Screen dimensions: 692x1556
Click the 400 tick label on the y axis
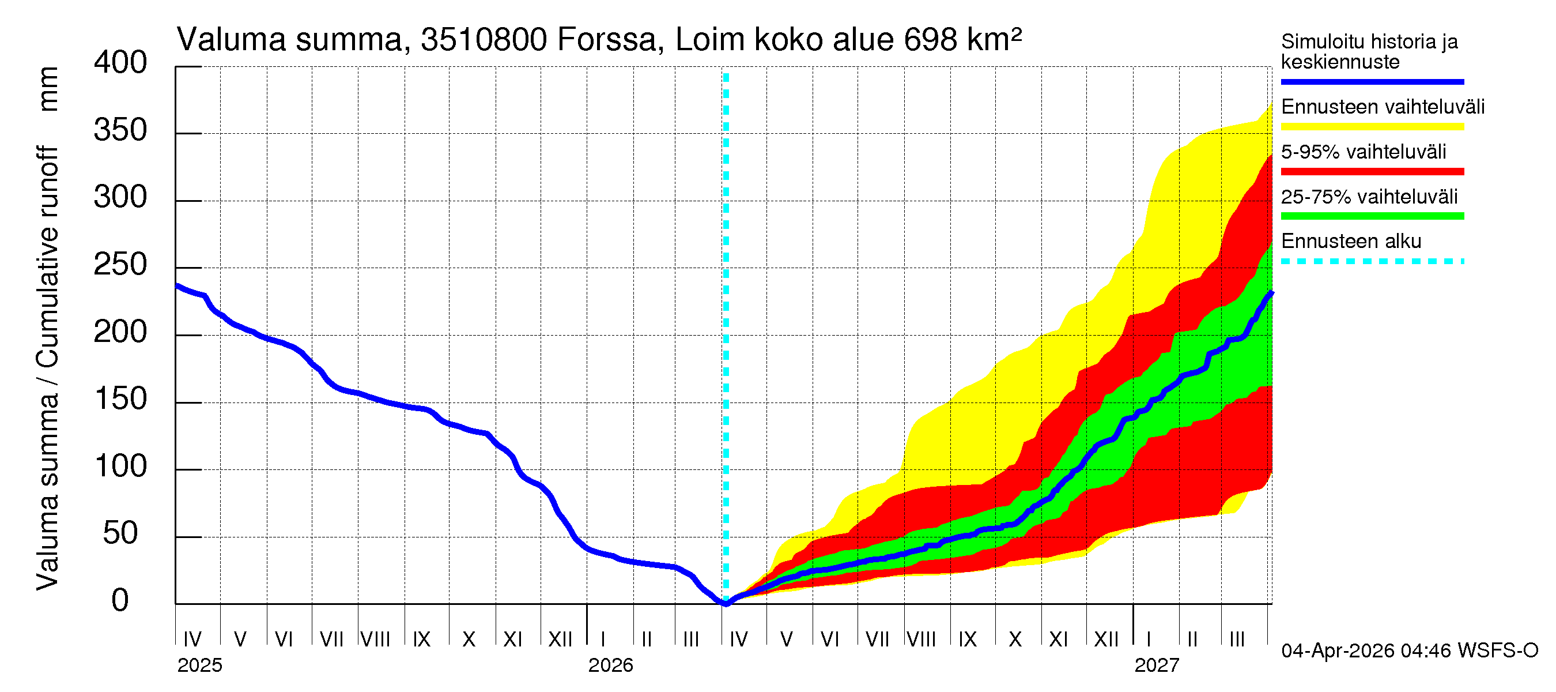pyautogui.click(x=120, y=62)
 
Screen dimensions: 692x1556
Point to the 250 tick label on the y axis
pyautogui.click(x=120, y=265)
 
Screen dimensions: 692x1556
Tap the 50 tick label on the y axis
pyautogui.click(x=120, y=533)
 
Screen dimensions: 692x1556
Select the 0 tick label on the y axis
pyautogui.click(x=120, y=601)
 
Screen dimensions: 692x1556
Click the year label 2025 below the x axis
pyautogui.click(x=199, y=665)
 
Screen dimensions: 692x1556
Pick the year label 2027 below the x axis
pyautogui.click(x=1156, y=665)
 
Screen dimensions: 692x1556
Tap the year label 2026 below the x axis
pyautogui.click(x=610, y=665)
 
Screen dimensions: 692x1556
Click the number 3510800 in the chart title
pyautogui.click(x=484, y=40)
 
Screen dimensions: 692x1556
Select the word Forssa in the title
pyautogui.click(x=606, y=40)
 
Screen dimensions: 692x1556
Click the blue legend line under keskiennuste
pyautogui.click(x=1372, y=81)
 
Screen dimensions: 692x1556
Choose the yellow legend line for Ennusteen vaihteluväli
pyautogui.click(x=1372, y=127)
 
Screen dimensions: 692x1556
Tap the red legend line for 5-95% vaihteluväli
pyautogui.click(x=1372, y=172)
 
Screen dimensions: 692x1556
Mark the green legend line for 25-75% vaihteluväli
pyautogui.click(x=1372, y=216)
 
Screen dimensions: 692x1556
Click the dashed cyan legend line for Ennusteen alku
pyautogui.click(x=1372, y=262)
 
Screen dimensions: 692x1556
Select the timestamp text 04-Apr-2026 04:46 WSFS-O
pyautogui.click(x=1409, y=651)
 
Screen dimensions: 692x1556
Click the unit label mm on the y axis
pyautogui.click(x=48, y=89)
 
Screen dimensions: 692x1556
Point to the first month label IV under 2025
pyautogui.click(x=192, y=639)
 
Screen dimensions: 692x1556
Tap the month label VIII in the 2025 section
pyautogui.click(x=375, y=639)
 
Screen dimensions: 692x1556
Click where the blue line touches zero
pyautogui.click(x=726, y=603)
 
